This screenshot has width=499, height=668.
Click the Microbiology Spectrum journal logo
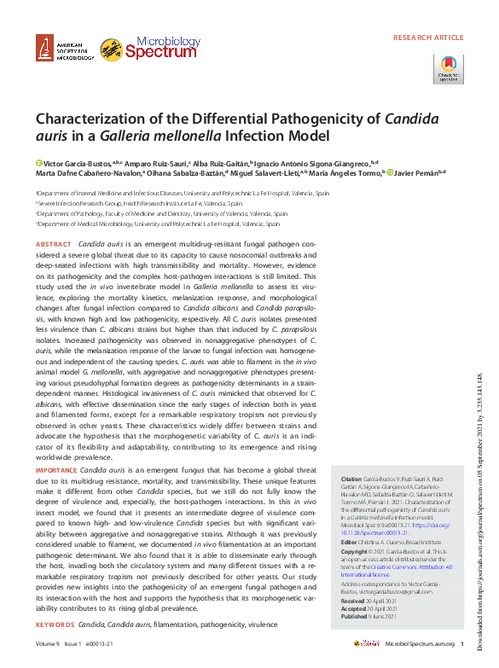(137, 49)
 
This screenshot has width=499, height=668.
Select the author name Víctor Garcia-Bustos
(78, 162)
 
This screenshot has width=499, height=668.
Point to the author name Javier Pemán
(415, 173)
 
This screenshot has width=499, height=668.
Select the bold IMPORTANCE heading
(56, 470)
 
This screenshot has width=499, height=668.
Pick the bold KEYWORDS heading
(55, 625)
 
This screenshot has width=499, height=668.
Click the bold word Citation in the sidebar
(351, 479)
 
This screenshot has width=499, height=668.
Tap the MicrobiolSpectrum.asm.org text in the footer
(418, 643)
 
